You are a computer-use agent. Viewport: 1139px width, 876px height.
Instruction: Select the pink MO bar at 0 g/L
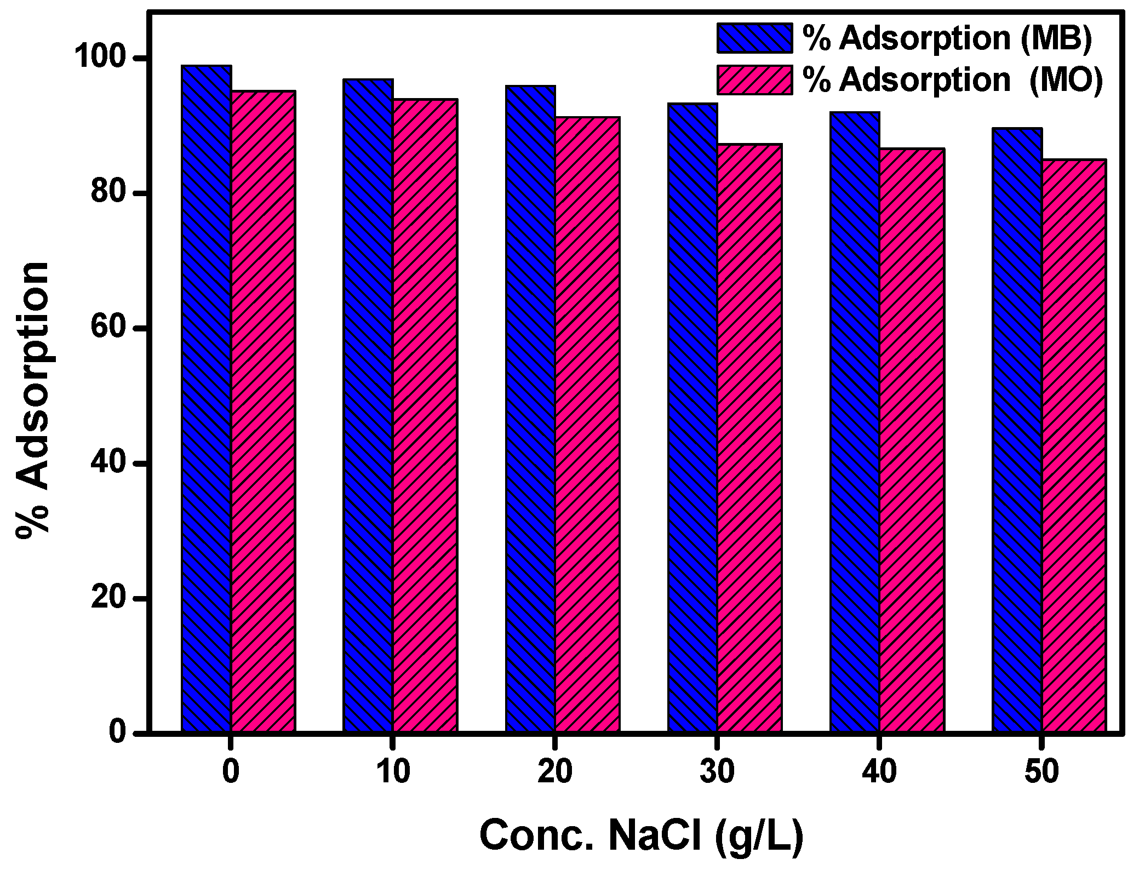coord(264,411)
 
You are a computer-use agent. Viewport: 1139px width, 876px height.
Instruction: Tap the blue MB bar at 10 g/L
coord(368,405)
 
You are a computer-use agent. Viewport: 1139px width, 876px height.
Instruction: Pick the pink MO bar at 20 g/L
coord(587,424)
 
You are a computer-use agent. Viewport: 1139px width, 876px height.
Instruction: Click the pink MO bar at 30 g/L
coord(749,438)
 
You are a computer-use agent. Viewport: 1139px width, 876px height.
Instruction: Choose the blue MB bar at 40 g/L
coord(855,422)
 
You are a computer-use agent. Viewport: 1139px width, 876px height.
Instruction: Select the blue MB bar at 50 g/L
coord(1017,430)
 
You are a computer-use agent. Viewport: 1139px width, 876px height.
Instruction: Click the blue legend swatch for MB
coord(755,38)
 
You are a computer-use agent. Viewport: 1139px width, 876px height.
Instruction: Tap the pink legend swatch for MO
coord(755,80)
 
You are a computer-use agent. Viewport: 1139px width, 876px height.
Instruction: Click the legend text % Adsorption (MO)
coord(952,80)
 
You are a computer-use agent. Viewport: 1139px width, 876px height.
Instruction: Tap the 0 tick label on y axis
coord(118,733)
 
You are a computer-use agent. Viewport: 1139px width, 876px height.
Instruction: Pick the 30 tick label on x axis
coord(717,772)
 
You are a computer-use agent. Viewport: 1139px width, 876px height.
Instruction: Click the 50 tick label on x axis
coord(1041,772)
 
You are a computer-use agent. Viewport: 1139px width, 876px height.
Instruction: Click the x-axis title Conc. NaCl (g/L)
coord(641,835)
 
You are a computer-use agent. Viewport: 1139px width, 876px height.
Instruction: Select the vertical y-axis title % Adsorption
coord(33,400)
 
